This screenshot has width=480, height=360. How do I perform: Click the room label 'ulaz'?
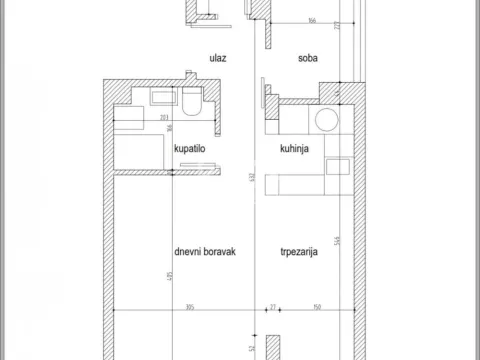(x=217, y=57)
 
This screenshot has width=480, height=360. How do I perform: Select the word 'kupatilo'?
(x=191, y=148)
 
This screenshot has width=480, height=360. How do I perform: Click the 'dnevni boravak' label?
(x=203, y=253)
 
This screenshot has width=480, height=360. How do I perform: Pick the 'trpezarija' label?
(x=299, y=253)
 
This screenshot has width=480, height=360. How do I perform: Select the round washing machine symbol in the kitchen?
(x=326, y=121)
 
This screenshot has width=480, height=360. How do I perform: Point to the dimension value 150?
(x=316, y=308)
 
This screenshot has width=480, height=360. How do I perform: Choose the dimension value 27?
(x=271, y=308)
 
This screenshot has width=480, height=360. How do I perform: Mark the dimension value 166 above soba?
(x=312, y=19)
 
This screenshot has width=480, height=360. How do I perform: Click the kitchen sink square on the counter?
(x=338, y=166)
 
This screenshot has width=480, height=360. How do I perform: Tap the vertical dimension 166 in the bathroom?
(x=171, y=128)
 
